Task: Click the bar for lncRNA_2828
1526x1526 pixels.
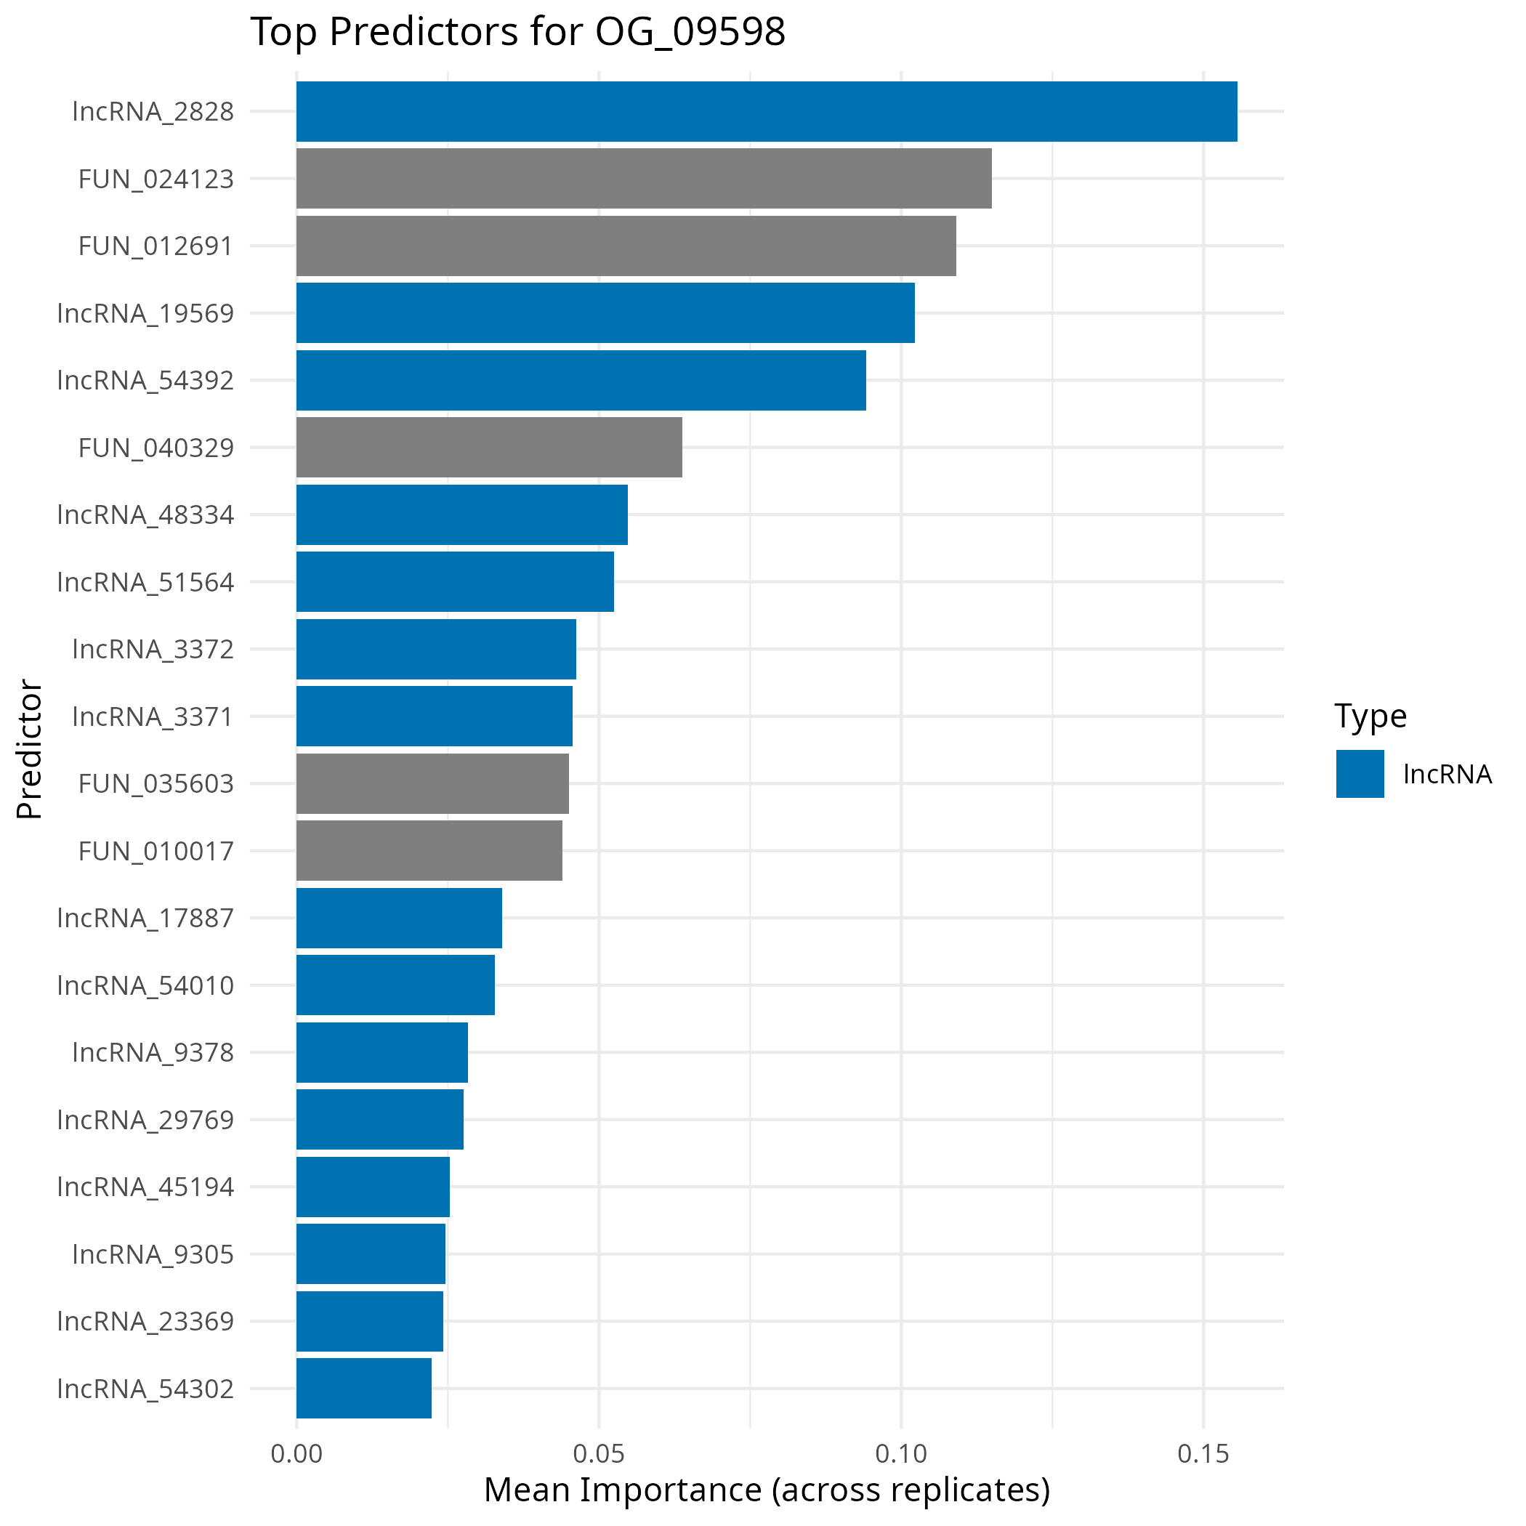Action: point(766,111)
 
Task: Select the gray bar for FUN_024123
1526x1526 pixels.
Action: point(644,179)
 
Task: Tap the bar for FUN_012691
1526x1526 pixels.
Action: point(626,246)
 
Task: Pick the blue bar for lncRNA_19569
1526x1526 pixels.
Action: point(605,312)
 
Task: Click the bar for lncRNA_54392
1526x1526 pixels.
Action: point(581,380)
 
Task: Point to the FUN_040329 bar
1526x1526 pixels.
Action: point(489,447)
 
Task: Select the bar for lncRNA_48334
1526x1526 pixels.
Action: point(462,514)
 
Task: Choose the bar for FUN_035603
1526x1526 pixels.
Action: point(432,783)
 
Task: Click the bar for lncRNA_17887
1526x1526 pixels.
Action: point(399,918)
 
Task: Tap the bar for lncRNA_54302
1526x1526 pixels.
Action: point(363,1388)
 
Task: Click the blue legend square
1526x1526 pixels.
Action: point(1360,774)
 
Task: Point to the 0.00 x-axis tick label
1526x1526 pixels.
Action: point(296,1454)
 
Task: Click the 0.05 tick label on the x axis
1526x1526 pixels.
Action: point(599,1454)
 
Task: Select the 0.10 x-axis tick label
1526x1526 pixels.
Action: point(901,1454)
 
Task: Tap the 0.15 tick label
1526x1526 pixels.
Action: point(1203,1454)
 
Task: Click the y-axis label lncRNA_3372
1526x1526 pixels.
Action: point(153,649)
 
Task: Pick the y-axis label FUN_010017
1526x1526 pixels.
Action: point(156,851)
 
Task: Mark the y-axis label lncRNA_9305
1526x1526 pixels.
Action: point(153,1254)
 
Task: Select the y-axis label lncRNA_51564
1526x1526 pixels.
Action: point(145,582)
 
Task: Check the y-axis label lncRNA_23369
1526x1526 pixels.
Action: point(145,1321)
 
